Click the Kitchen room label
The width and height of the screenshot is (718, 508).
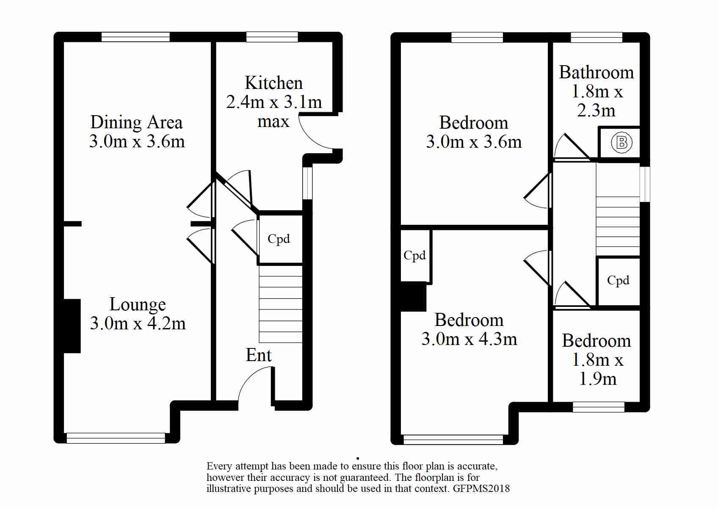273,83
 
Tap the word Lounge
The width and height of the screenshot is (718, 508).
138,304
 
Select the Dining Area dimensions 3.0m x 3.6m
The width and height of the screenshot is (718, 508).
137,141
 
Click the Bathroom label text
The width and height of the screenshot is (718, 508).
596,72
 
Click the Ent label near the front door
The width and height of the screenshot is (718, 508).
258,355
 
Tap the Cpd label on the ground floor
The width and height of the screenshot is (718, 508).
279,238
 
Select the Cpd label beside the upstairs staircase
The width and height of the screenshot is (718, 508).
618,280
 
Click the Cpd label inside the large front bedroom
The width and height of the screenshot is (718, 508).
414,255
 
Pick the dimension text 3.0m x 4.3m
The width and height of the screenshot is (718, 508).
469,339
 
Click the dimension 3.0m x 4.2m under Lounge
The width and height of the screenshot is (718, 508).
138,323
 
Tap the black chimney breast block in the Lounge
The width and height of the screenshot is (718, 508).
72,326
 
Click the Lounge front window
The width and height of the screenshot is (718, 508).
116,438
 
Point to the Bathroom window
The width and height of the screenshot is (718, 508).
596,37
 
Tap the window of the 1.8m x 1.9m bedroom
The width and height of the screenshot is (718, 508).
599,407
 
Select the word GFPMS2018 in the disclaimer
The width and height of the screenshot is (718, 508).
481,489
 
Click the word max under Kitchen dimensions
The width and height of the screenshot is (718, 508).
273,122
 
